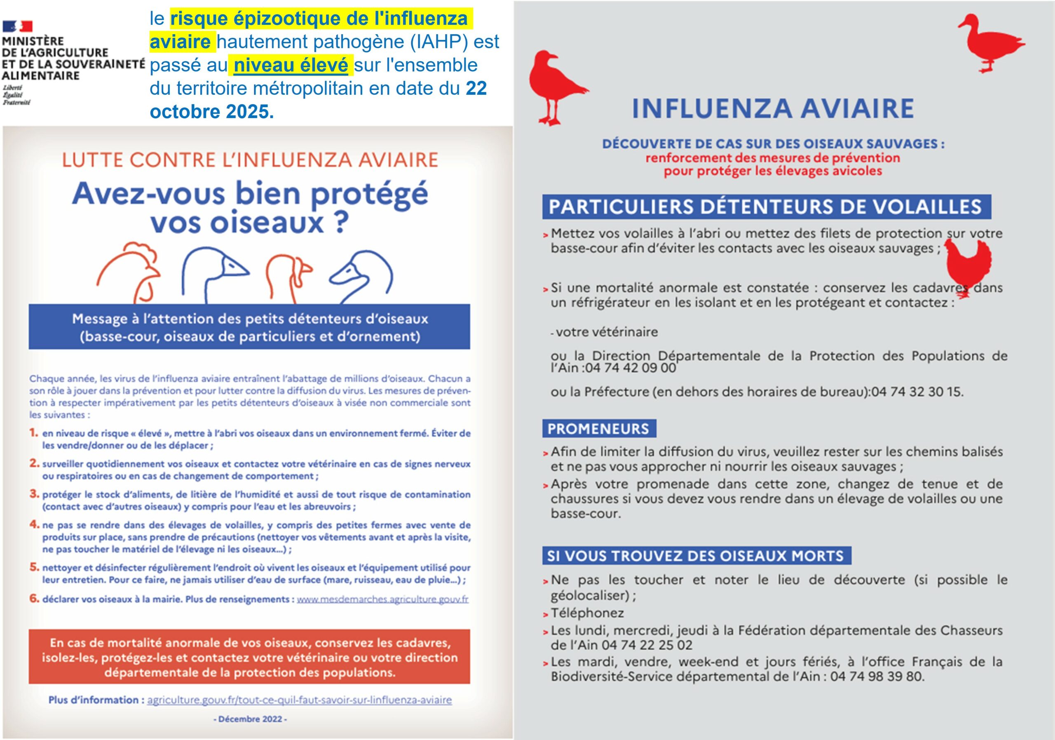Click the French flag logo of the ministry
pos(17,26)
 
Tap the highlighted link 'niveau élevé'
pos(291,65)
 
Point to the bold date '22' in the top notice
pos(476,88)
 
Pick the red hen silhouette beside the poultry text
pos(967,268)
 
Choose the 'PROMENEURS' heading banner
pos(598,429)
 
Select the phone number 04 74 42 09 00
pos(631,368)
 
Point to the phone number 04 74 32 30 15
pos(916,392)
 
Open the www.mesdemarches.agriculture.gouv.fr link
pos(382,599)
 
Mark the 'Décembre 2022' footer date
pos(250,719)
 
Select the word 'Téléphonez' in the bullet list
pos(587,613)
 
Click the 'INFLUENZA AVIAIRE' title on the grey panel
pos(773,108)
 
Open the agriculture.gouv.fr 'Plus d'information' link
pos(299,700)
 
